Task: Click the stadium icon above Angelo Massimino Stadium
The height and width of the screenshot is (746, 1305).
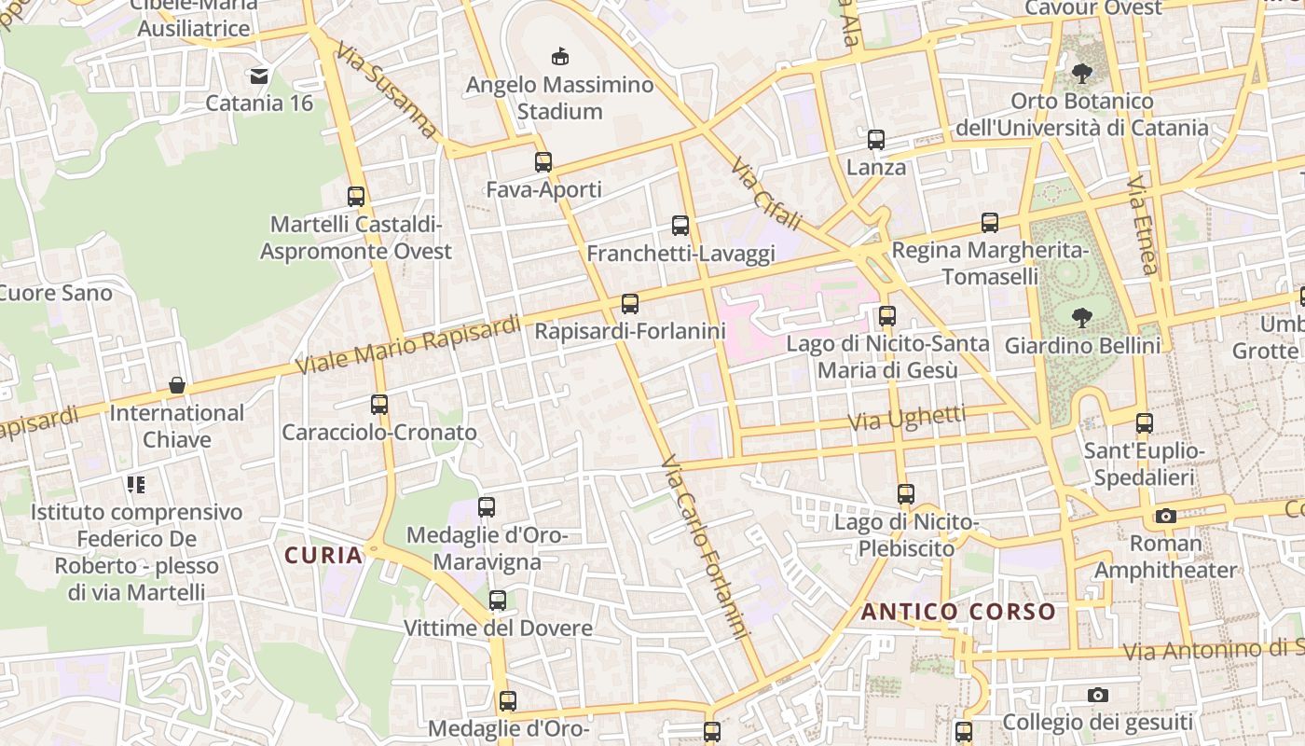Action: (560, 57)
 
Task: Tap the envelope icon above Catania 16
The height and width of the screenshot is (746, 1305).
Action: (259, 76)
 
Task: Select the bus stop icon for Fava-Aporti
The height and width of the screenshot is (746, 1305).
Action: (543, 162)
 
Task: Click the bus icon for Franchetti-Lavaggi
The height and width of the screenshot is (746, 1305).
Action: (680, 226)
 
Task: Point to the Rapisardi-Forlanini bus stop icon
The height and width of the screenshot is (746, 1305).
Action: (630, 303)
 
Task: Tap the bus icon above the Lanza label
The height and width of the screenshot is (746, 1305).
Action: (876, 140)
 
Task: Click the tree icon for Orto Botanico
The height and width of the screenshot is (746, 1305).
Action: (1082, 73)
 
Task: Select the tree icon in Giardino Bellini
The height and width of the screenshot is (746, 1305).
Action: (1082, 318)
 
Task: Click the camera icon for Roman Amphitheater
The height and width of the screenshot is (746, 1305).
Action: (1165, 516)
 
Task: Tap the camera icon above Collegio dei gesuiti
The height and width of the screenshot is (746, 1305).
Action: (1098, 695)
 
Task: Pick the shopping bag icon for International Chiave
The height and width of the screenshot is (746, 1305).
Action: (176, 385)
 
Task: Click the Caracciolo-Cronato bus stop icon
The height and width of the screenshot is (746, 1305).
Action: (379, 405)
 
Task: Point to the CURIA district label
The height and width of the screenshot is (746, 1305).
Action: (323, 556)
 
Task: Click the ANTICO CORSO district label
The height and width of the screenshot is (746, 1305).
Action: (958, 613)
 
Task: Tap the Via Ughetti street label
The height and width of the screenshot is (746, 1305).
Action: (906, 419)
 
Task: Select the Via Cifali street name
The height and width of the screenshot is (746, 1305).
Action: (766, 194)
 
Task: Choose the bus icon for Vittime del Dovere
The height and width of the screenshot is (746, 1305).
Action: (498, 601)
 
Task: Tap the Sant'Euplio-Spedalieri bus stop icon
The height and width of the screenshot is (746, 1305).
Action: (1145, 423)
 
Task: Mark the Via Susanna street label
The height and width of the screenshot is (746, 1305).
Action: (388, 90)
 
